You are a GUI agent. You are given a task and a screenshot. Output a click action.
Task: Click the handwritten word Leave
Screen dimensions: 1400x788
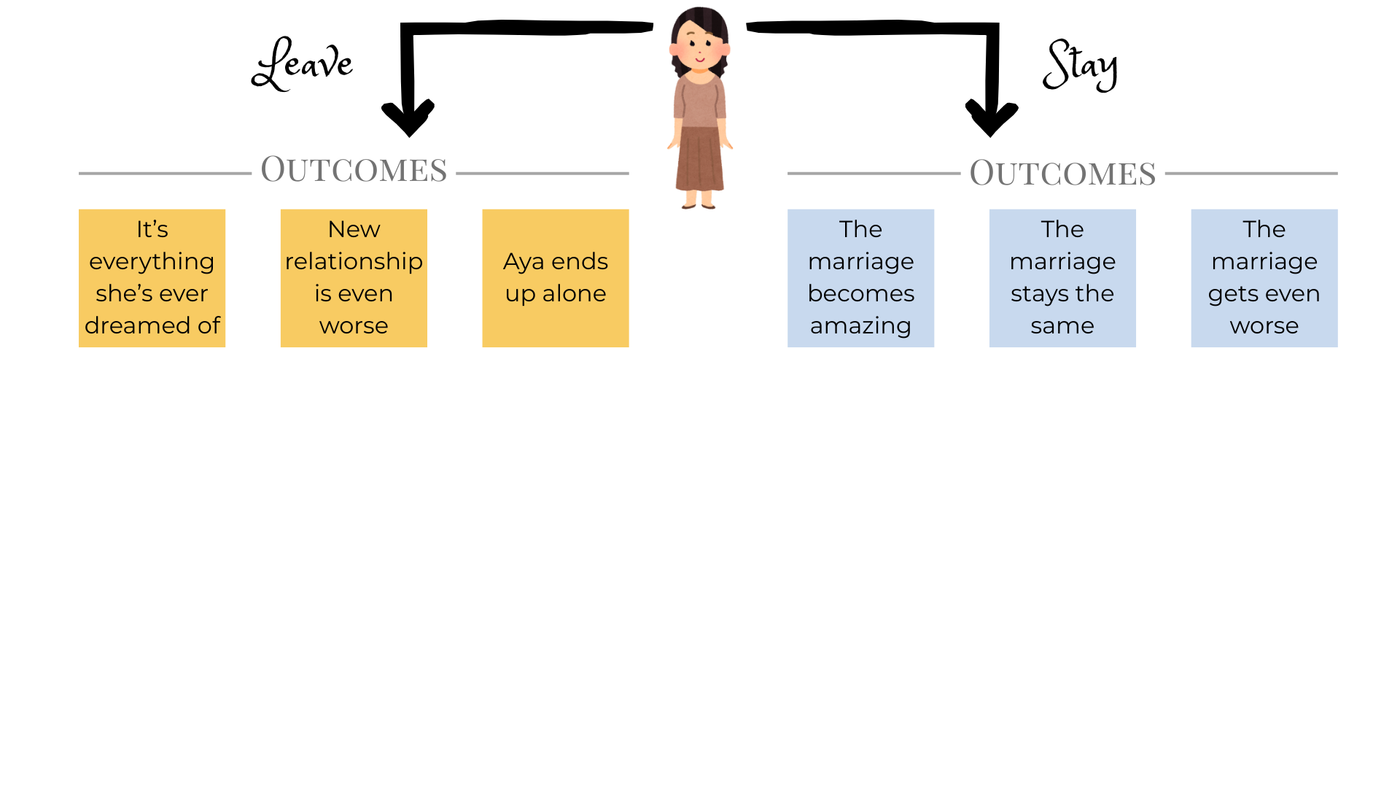[303, 64]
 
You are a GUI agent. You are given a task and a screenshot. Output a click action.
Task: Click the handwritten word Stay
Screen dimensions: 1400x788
[1080, 65]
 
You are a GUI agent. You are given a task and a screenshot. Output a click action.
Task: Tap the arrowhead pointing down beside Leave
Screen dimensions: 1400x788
[408, 117]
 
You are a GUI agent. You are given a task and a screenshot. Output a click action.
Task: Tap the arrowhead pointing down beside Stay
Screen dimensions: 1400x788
[992, 117]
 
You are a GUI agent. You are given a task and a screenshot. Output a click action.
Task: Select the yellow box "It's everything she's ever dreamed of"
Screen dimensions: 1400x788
[152, 278]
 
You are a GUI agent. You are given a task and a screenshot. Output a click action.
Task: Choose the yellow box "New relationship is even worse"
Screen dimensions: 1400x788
[354, 278]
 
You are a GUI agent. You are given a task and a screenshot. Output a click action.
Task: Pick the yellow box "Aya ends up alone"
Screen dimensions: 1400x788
[556, 278]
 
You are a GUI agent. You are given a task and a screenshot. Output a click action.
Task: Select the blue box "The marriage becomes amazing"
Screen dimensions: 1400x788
[860, 278]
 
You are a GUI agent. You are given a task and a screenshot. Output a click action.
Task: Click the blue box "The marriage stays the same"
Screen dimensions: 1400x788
[1062, 278]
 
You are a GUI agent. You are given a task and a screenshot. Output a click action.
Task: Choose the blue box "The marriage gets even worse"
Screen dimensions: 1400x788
[1264, 278]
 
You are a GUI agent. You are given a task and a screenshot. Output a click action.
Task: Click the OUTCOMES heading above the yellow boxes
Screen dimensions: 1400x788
[354, 170]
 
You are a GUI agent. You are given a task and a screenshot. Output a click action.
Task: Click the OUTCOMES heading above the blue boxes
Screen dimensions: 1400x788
[1062, 174]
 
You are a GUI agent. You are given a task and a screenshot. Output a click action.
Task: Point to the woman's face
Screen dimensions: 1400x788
[700, 48]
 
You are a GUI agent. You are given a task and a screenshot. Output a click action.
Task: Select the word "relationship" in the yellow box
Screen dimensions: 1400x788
[354, 261]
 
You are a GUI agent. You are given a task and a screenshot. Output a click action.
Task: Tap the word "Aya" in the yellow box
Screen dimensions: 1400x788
[524, 261]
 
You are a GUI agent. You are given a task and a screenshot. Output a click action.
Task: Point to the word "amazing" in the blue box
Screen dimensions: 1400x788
[860, 325]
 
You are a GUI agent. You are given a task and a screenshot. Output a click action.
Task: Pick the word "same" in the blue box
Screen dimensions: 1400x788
[1062, 325]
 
